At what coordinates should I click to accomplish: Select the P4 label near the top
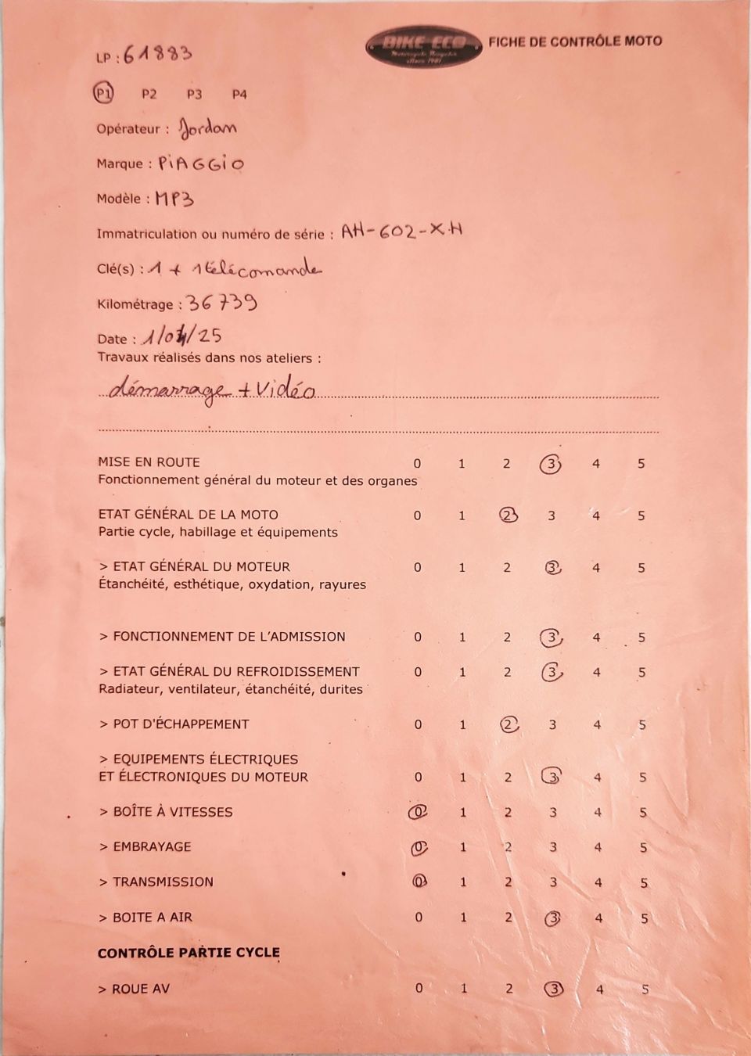pyautogui.click(x=239, y=94)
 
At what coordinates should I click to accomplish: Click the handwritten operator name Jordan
pyautogui.click(x=207, y=128)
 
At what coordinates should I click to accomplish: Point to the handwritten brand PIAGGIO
pyautogui.click(x=201, y=163)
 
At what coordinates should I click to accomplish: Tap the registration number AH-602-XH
pyautogui.click(x=401, y=231)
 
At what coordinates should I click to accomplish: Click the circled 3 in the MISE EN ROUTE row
pyautogui.click(x=552, y=464)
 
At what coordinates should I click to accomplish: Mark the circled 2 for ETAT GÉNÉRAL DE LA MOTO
pyautogui.click(x=508, y=515)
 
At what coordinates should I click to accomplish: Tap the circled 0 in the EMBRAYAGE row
pyautogui.click(x=419, y=847)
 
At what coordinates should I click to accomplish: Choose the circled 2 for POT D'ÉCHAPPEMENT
pyautogui.click(x=508, y=724)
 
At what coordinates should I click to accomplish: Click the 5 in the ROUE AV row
pyautogui.click(x=645, y=990)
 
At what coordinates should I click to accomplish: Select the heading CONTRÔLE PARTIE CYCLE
pyautogui.click(x=189, y=953)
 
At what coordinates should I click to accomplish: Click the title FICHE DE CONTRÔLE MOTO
pyautogui.click(x=575, y=41)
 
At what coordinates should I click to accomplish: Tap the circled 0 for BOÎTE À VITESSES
pyautogui.click(x=419, y=813)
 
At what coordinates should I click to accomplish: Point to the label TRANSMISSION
pyautogui.click(x=163, y=882)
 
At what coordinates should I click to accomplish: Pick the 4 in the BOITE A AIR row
pyautogui.click(x=598, y=918)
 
